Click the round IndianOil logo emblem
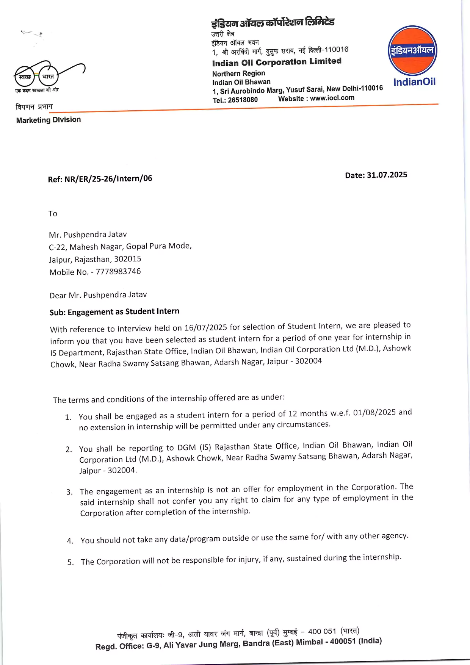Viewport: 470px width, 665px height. (x=412, y=50)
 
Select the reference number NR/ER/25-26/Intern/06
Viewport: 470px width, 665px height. (x=108, y=178)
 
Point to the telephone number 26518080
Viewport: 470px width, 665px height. (x=243, y=100)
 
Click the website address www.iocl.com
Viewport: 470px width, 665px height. (x=332, y=98)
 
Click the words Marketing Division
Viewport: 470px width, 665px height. (x=49, y=120)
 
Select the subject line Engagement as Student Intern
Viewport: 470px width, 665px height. (x=123, y=311)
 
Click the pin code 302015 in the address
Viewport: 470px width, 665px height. (x=127, y=259)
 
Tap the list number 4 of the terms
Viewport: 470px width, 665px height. (x=70, y=541)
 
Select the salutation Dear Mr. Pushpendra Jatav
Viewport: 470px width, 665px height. (x=98, y=295)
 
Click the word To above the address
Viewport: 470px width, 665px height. (x=53, y=214)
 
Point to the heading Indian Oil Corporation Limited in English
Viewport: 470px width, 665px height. (x=277, y=62)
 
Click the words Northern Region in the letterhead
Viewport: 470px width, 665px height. (x=238, y=73)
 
